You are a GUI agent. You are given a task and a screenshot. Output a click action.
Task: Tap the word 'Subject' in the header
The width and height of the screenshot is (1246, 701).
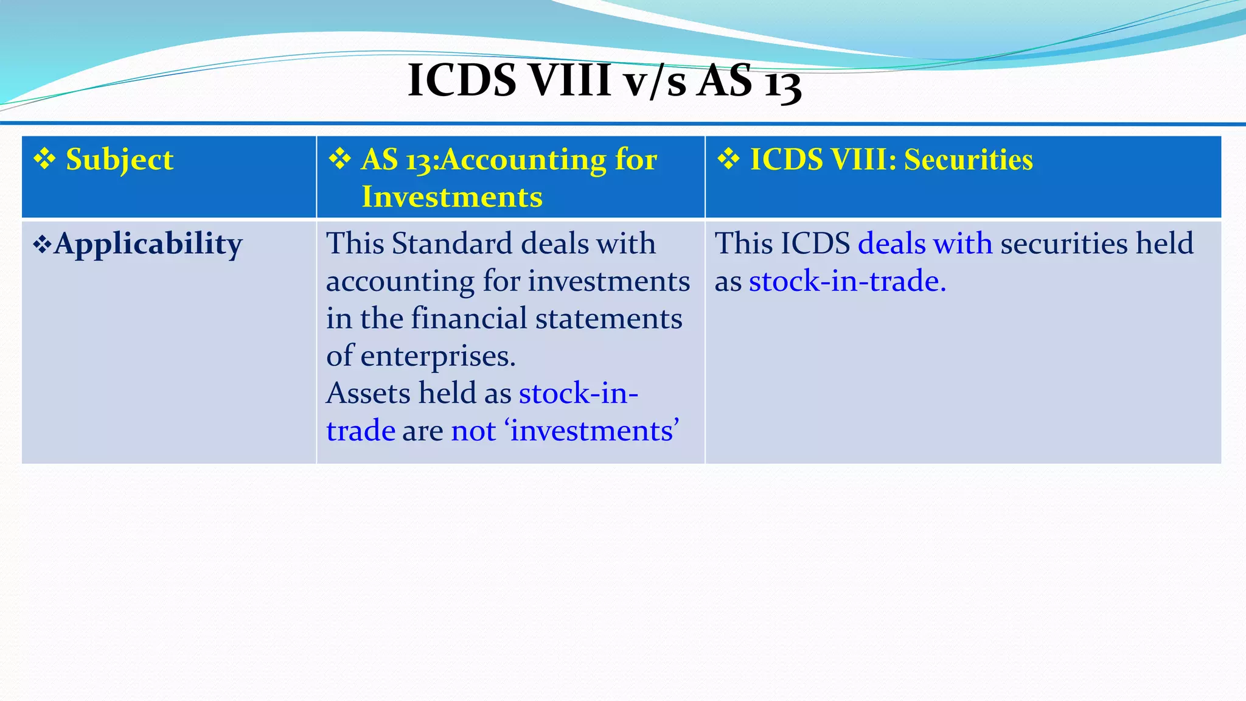(x=119, y=160)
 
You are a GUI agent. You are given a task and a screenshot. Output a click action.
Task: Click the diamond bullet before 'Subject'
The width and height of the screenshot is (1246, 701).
(x=44, y=159)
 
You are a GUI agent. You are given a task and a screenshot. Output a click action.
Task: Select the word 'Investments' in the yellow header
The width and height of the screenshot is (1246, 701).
(x=451, y=197)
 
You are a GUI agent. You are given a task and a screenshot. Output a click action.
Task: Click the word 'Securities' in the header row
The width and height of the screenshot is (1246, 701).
(x=968, y=160)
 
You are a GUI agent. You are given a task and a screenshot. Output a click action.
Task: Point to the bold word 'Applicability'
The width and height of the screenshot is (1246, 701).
(x=148, y=245)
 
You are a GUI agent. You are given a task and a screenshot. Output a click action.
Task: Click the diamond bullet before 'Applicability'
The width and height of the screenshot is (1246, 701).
(x=41, y=245)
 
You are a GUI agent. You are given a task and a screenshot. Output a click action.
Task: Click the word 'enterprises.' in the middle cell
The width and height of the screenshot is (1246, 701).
(x=437, y=356)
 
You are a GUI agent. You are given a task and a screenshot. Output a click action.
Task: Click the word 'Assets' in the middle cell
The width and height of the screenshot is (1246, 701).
(x=367, y=393)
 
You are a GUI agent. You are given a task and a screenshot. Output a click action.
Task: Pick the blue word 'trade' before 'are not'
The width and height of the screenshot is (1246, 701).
(x=361, y=431)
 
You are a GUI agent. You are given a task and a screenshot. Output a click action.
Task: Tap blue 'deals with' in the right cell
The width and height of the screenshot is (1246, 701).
(x=924, y=243)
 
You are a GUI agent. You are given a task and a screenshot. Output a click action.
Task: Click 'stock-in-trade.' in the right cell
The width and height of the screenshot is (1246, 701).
(x=847, y=281)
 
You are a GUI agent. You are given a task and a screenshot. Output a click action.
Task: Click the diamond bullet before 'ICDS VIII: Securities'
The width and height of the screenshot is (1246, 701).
(x=728, y=159)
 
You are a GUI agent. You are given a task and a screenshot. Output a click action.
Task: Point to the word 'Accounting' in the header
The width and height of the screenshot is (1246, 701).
(x=523, y=160)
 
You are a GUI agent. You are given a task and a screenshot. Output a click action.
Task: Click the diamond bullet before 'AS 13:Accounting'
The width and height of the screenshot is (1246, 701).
(x=339, y=159)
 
